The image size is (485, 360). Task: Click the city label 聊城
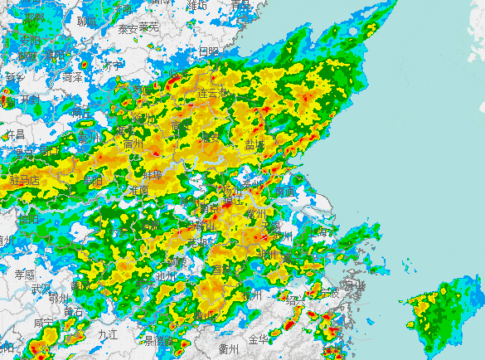tap(87, 21)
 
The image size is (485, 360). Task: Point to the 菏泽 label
tap(73, 77)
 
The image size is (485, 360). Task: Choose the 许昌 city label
tap(16, 134)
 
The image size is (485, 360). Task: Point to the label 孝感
tap(25, 274)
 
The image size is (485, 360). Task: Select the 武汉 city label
tap(41, 288)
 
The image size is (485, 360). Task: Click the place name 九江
tap(107, 333)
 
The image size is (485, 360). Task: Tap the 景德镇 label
tap(158, 340)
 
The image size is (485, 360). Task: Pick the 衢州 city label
tap(229, 348)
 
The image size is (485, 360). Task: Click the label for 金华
tap(259, 339)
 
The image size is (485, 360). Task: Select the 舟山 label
tap(354, 286)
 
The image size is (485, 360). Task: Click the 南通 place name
tap(284, 192)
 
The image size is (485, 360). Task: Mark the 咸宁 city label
tap(46, 322)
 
